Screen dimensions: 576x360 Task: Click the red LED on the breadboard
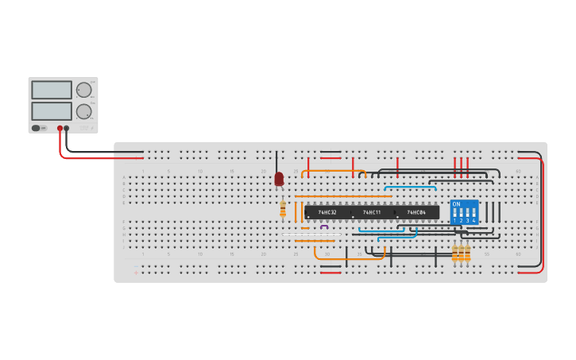[279, 180]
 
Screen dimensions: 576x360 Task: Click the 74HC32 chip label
[327, 212]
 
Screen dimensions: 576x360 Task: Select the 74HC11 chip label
[372, 212]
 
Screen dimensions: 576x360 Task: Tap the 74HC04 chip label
[416, 212]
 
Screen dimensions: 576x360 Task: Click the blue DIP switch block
[464, 212]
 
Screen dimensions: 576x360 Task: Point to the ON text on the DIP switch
[456, 204]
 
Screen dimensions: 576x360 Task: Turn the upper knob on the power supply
[83, 90]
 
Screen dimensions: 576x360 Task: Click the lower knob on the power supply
[83, 110]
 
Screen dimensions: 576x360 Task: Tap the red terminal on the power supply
[60, 127]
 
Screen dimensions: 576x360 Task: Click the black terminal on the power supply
[67, 127]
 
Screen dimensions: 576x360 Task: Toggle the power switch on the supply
[37, 127]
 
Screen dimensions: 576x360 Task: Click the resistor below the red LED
[283, 208]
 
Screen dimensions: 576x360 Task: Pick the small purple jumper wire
[324, 227]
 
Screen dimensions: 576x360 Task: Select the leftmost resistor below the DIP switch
[455, 253]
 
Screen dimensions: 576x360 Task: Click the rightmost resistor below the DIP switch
[468, 253]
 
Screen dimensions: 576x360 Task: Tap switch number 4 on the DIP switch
[474, 213]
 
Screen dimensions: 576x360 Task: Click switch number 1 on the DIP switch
[455, 213]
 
